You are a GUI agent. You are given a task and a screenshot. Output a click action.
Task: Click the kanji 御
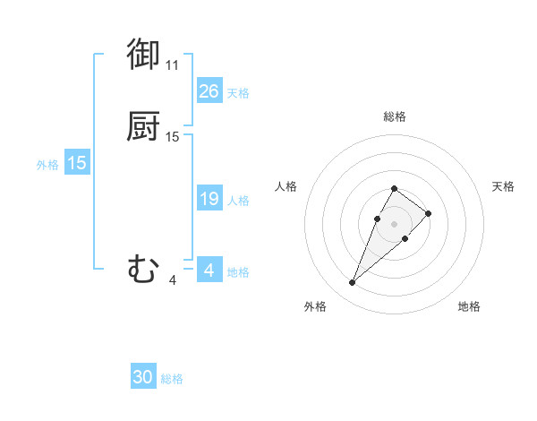point(143,55)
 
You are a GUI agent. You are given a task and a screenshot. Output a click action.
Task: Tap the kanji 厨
point(143,127)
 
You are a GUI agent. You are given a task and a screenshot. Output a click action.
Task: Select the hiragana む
point(143,269)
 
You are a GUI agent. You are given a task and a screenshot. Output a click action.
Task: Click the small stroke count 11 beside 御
point(172,65)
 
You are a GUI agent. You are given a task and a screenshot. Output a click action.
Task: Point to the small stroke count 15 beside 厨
point(173,137)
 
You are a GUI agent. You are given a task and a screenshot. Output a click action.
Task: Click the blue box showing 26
point(209,91)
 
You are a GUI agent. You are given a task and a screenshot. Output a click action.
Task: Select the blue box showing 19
point(209,199)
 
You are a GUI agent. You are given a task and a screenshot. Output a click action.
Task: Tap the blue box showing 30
point(143,378)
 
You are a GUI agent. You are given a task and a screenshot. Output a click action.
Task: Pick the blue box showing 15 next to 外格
point(77,163)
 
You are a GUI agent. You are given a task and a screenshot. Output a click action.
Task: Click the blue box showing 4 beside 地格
point(209,271)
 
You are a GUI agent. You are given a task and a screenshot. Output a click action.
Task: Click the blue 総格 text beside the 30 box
point(172,380)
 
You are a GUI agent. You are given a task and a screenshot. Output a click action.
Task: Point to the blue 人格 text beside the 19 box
point(238,201)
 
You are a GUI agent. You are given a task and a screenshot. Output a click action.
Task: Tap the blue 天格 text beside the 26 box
point(238,93)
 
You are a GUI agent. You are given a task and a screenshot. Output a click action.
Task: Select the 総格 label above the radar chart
point(395,116)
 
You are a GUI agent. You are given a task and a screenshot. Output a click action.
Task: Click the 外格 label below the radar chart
point(315,306)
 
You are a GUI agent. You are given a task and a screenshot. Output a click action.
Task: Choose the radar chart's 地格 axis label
point(469,306)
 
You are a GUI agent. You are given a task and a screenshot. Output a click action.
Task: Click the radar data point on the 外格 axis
point(352,283)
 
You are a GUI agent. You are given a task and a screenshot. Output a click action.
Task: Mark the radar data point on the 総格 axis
point(394,189)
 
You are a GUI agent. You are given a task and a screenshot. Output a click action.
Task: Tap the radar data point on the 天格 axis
point(429,213)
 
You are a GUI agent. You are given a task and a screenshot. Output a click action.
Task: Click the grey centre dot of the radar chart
point(394,224)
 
